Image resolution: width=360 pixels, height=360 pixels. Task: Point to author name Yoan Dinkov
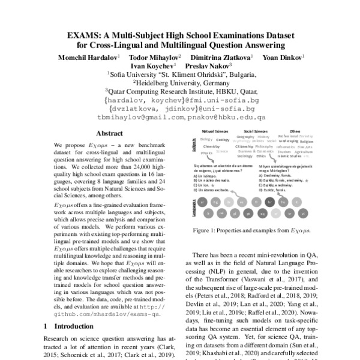point(288,56)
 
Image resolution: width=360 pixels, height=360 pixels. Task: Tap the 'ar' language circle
point(202,202)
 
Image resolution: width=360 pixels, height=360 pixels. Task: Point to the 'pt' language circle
point(248,214)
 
